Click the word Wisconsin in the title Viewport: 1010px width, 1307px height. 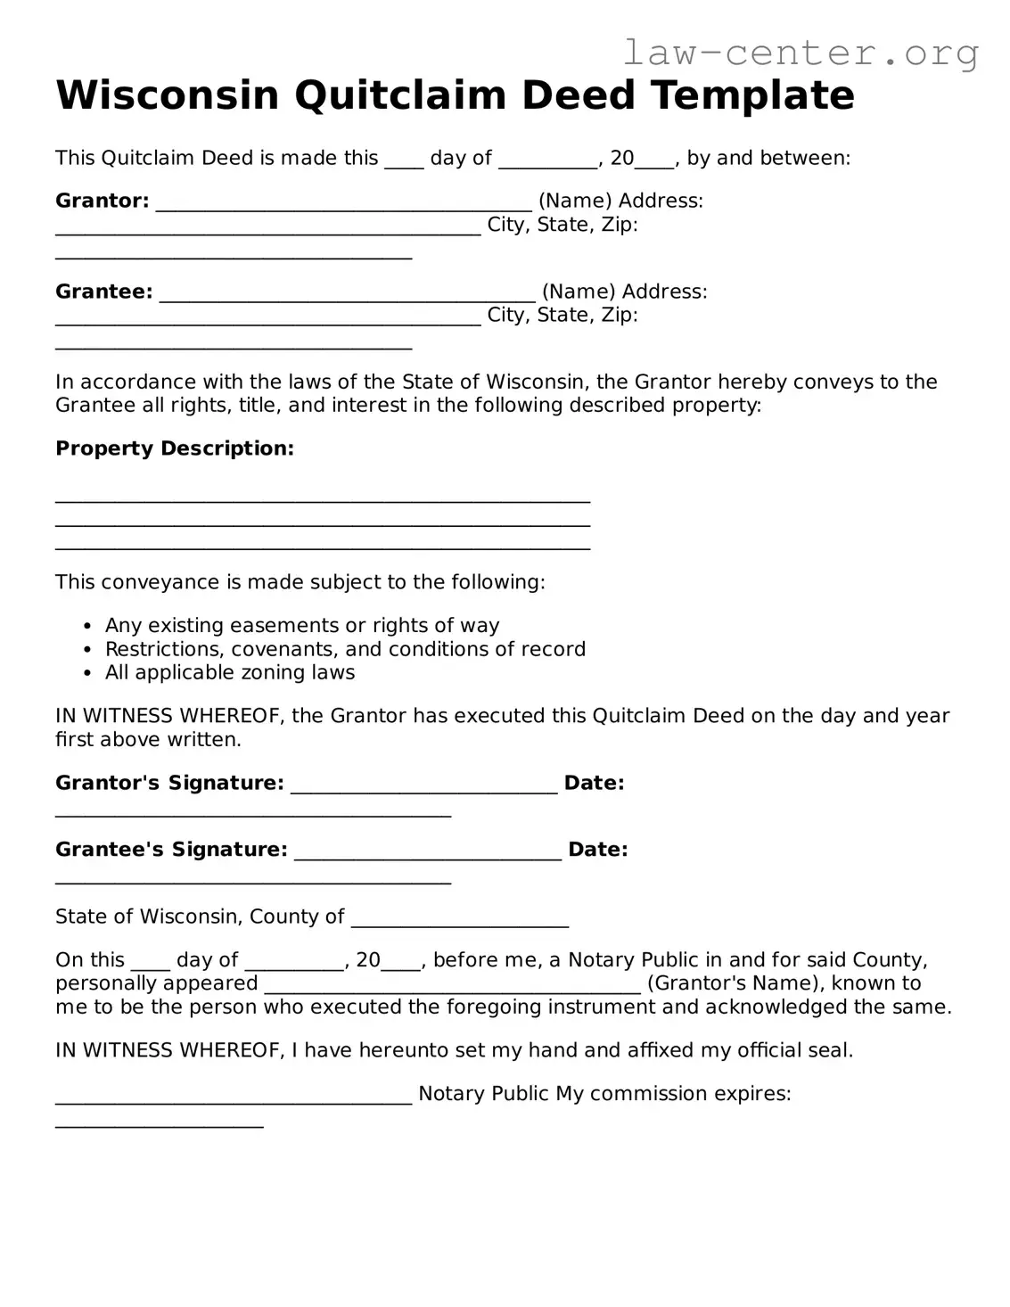(167, 95)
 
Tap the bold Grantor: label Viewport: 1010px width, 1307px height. (103, 201)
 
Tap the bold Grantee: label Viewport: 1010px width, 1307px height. (104, 292)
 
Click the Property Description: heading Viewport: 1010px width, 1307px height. (175, 448)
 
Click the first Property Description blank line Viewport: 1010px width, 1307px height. (323, 500)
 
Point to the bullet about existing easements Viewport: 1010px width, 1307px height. (302, 625)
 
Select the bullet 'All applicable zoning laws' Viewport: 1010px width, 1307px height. (230, 672)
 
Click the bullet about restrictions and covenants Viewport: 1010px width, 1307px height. (345, 649)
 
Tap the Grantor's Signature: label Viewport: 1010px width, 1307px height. (169, 783)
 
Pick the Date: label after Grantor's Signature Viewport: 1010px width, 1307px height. (594, 783)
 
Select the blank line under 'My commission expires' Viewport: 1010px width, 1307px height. (160, 1124)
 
